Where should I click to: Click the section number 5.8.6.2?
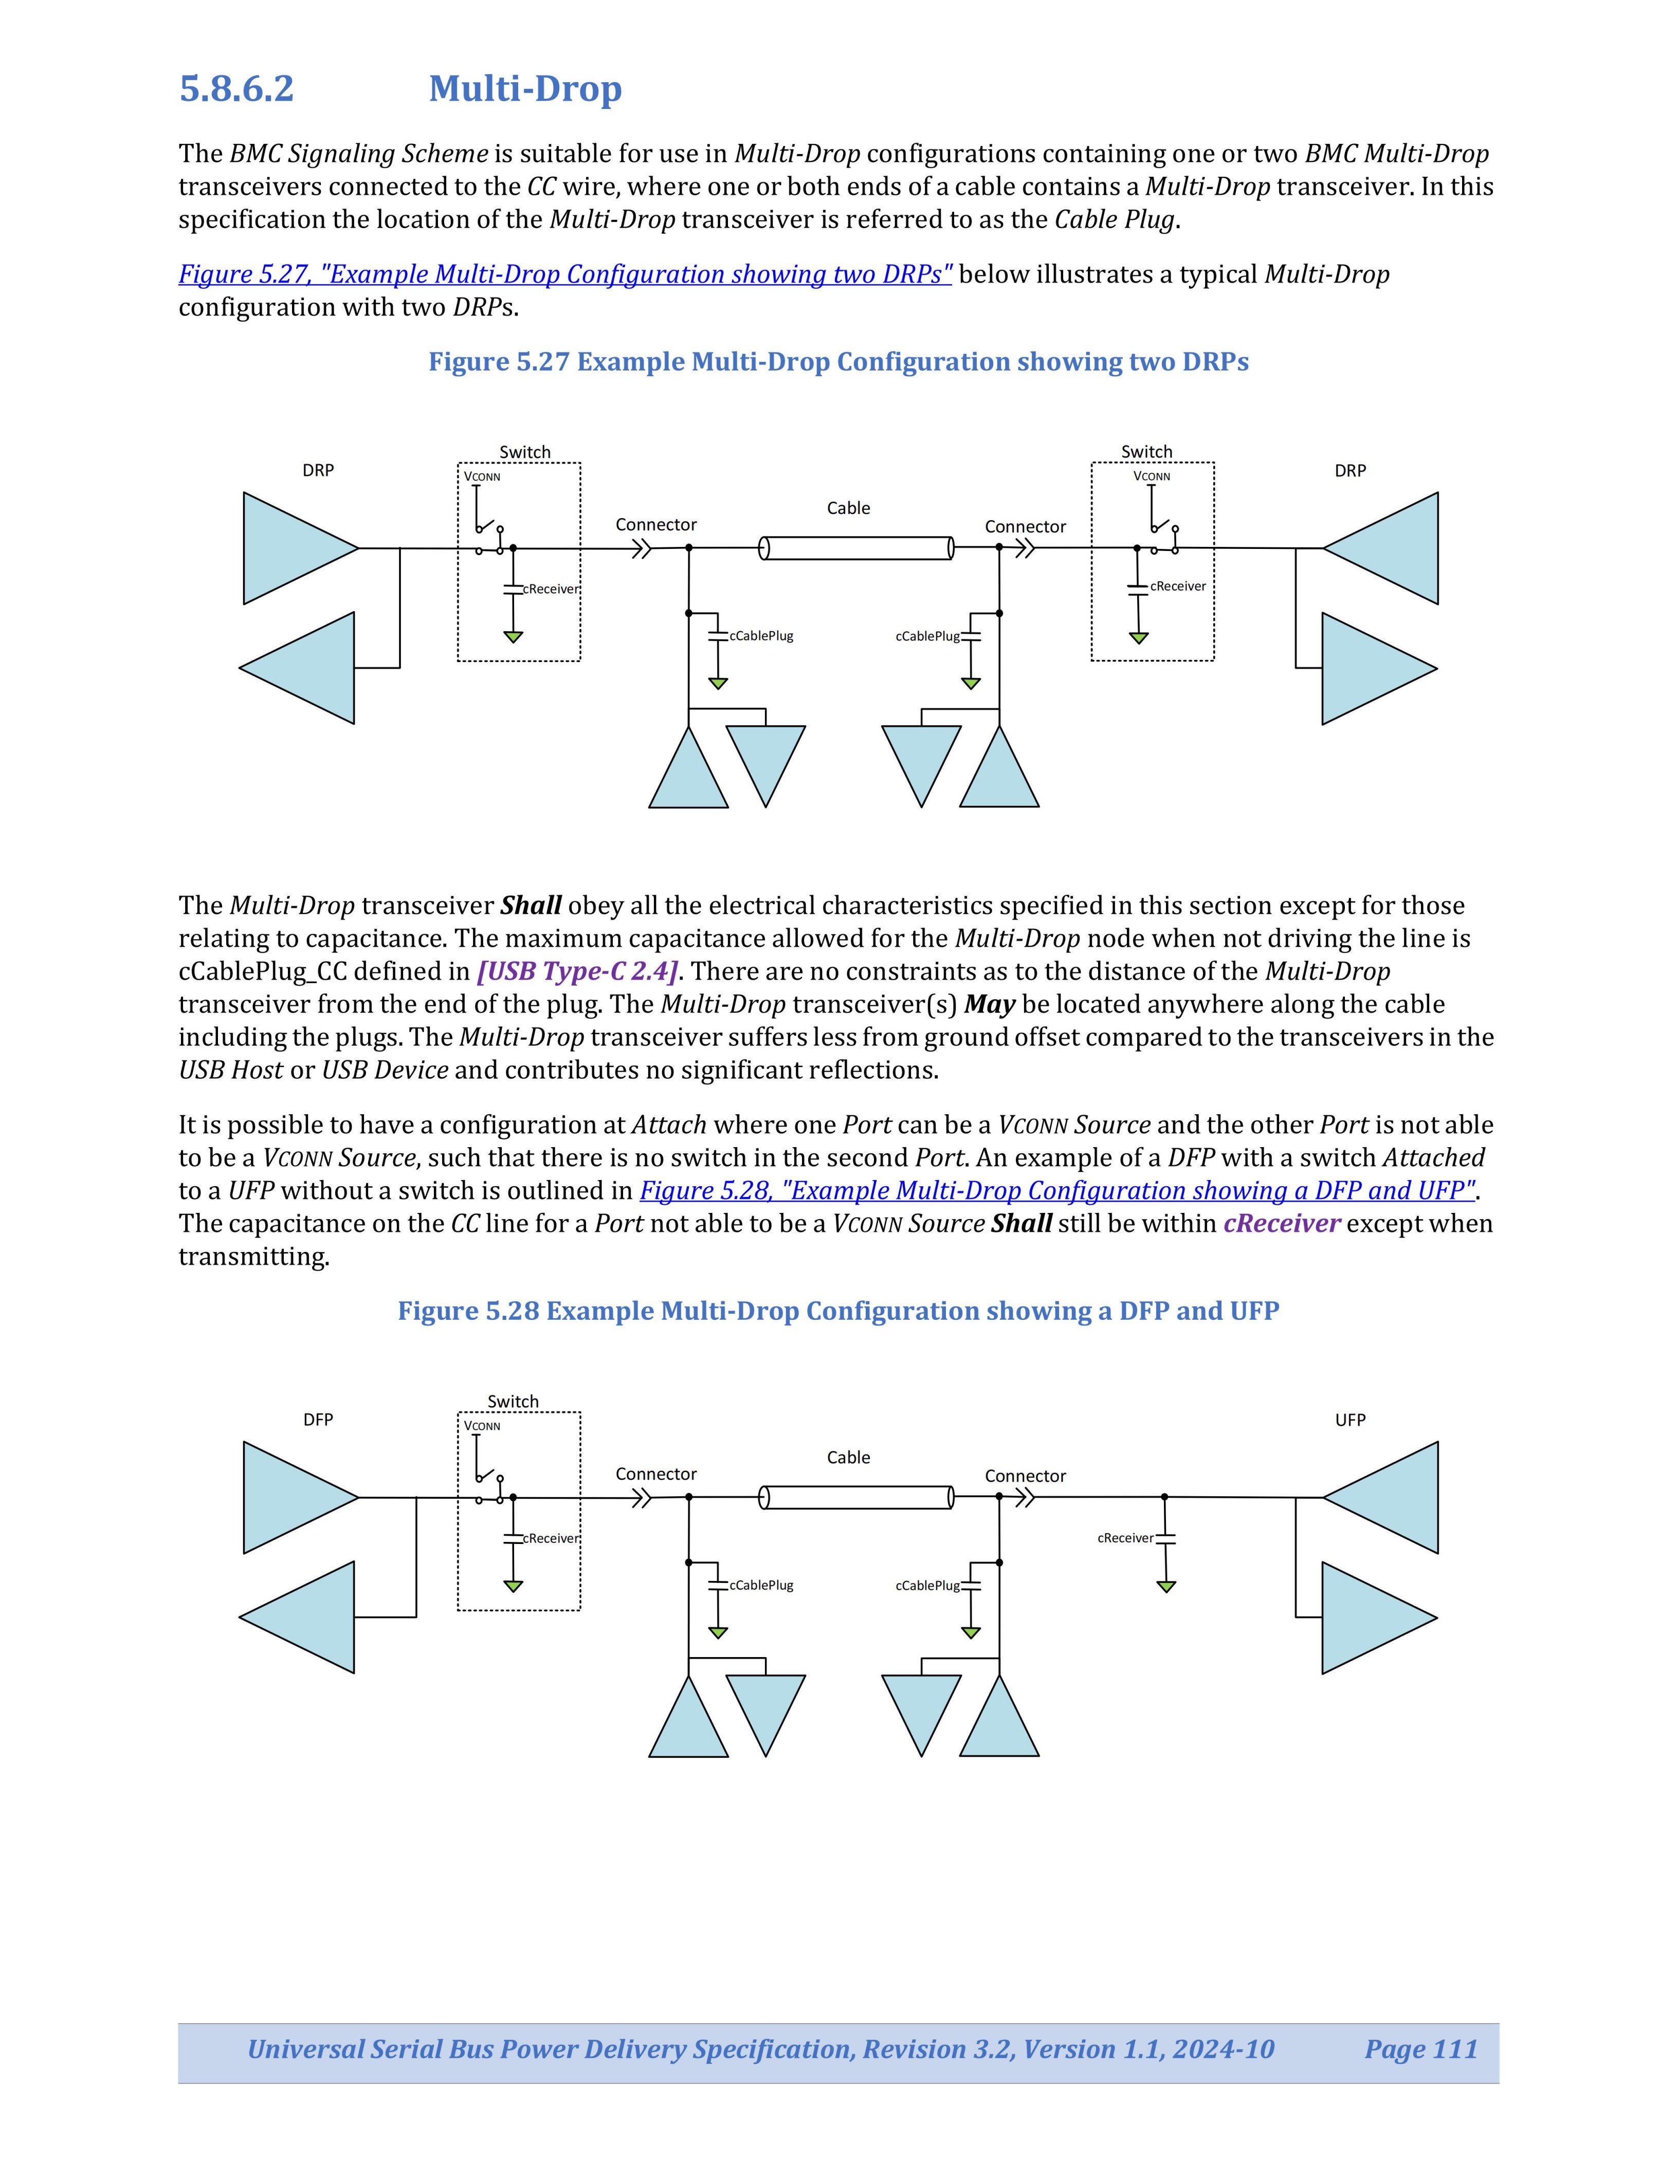pyautogui.click(x=236, y=88)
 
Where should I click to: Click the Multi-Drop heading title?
pyautogui.click(x=525, y=88)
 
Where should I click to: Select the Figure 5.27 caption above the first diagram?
pyautogui.click(x=838, y=362)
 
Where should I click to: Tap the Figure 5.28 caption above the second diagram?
pyautogui.click(x=838, y=1311)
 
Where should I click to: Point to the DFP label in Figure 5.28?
pyautogui.click(x=318, y=1420)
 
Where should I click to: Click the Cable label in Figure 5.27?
pyautogui.click(x=848, y=508)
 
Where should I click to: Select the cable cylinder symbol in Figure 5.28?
pyautogui.click(x=856, y=1497)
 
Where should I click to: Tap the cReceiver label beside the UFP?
pyautogui.click(x=1125, y=1538)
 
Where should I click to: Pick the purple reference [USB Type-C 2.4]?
pyautogui.click(x=578, y=971)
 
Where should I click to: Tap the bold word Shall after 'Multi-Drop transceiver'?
pyautogui.click(x=531, y=906)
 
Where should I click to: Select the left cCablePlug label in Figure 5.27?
pyautogui.click(x=761, y=636)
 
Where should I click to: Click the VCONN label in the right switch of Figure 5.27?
pyautogui.click(x=1152, y=476)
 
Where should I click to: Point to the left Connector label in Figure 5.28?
pyautogui.click(x=656, y=1474)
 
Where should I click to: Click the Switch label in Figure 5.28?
pyautogui.click(x=513, y=1402)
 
